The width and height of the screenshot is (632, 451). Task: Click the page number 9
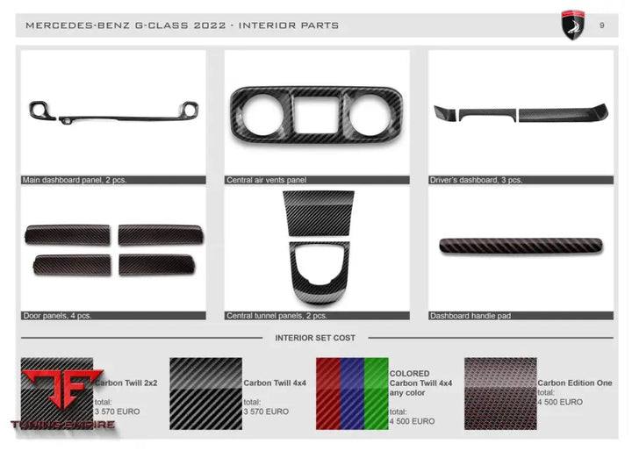coord(601,25)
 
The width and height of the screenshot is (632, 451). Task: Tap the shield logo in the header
coord(573,25)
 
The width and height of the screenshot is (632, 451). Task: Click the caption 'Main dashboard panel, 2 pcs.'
coord(75,180)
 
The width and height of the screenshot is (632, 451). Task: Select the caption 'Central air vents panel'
coord(266,180)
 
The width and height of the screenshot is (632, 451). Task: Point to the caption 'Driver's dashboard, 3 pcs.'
coord(476,180)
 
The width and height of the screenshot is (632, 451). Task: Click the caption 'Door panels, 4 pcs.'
coord(56,315)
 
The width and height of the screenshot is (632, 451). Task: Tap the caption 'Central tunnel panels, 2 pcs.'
coord(276,315)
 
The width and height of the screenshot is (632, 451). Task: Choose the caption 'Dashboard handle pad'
coord(470,315)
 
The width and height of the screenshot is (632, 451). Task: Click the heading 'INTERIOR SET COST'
coord(315,338)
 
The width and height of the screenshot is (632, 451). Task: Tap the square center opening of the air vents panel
coord(316,114)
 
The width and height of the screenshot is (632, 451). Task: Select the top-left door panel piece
coord(68,234)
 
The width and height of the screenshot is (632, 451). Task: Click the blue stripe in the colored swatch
coord(351,393)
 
